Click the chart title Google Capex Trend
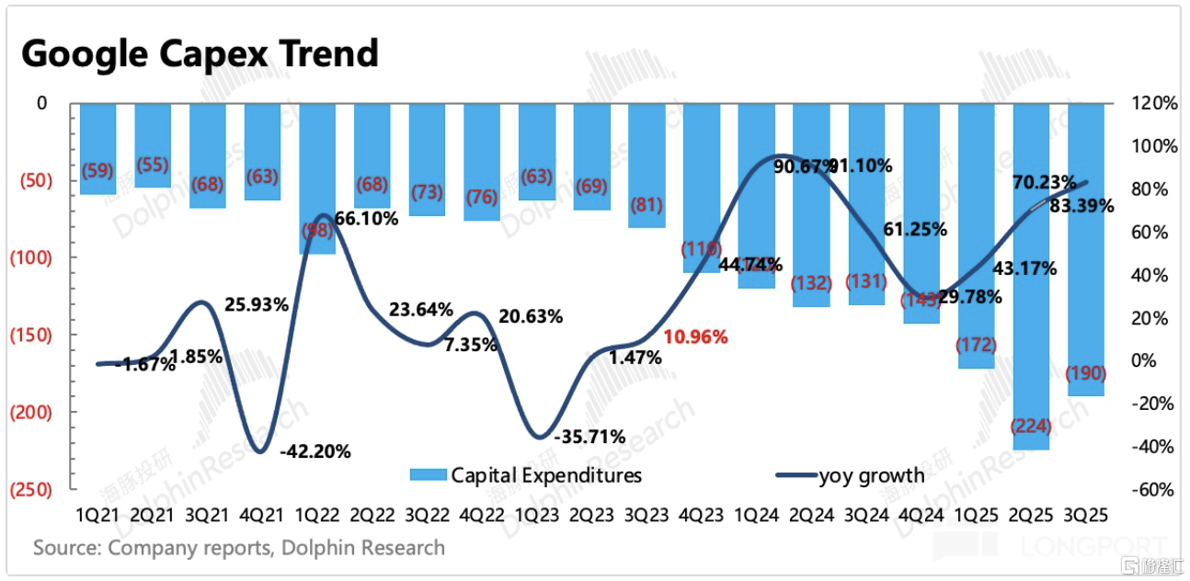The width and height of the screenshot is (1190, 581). (200, 53)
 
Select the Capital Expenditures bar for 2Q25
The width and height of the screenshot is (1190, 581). (1031, 276)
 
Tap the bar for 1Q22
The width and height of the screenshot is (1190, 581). (317, 178)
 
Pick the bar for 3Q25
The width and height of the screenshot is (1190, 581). (1086, 248)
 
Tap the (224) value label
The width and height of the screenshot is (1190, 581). (1031, 426)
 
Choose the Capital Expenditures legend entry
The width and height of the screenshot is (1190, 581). (526, 475)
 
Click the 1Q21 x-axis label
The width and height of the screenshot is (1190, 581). (97, 515)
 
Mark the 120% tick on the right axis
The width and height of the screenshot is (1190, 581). (1155, 104)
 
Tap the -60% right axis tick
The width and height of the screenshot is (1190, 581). (1155, 489)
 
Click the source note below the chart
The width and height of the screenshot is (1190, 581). (239, 548)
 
